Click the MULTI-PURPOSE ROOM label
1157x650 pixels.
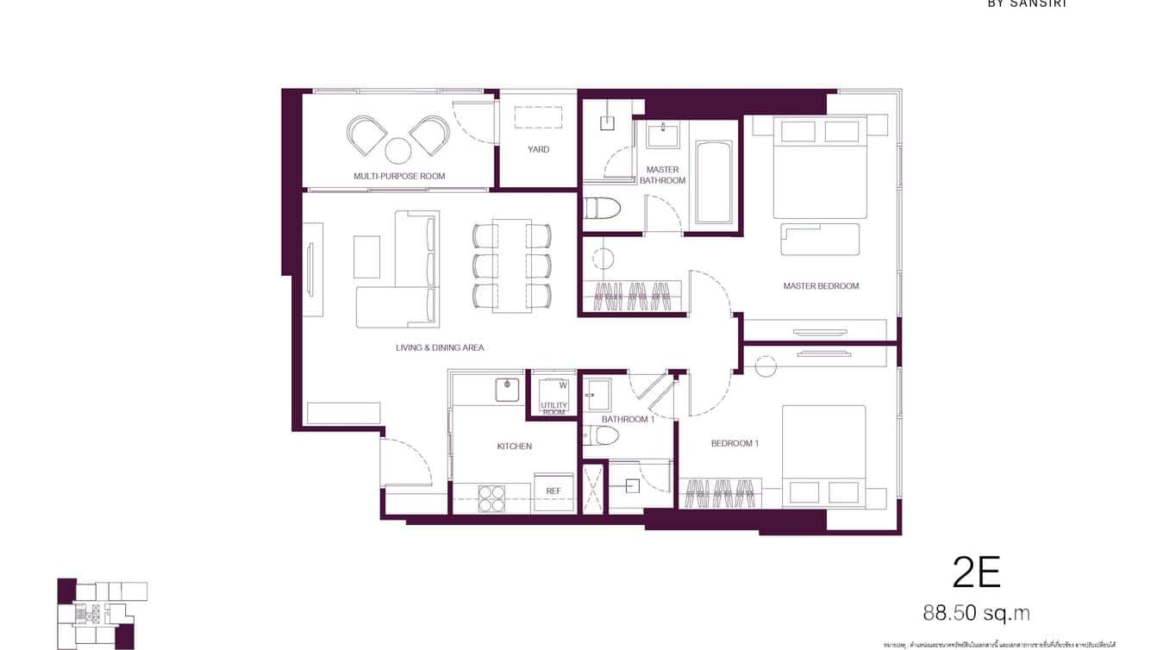click(x=399, y=176)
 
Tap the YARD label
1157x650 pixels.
click(x=538, y=149)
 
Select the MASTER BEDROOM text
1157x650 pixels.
click(x=821, y=285)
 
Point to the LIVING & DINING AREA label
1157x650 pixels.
click(x=440, y=347)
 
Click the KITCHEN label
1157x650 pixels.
click(x=514, y=446)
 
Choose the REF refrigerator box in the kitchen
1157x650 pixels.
click(x=553, y=491)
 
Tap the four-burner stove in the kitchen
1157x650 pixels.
click(x=491, y=498)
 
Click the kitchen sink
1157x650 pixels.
click(x=509, y=390)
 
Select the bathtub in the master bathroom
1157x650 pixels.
click(x=713, y=183)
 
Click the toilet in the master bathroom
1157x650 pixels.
click(x=601, y=209)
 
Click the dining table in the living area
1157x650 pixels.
click(x=511, y=266)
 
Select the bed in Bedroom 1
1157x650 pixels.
click(x=823, y=455)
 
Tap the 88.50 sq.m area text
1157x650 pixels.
click(x=976, y=613)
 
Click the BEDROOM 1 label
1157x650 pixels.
click(x=735, y=443)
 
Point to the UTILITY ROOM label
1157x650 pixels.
click(x=553, y=409)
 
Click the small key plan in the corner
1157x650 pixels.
click(x=101, y=612)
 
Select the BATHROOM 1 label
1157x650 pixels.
click(x=628, y=419)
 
